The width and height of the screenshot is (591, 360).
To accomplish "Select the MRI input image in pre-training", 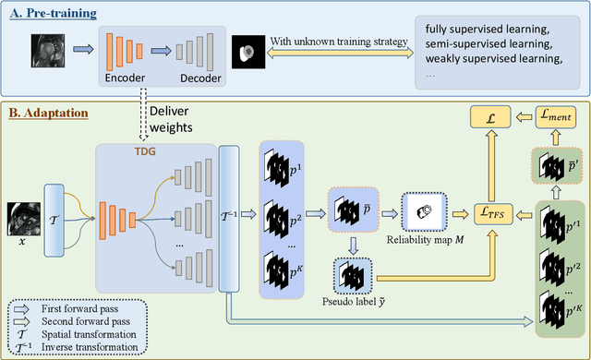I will pos(47,49).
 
